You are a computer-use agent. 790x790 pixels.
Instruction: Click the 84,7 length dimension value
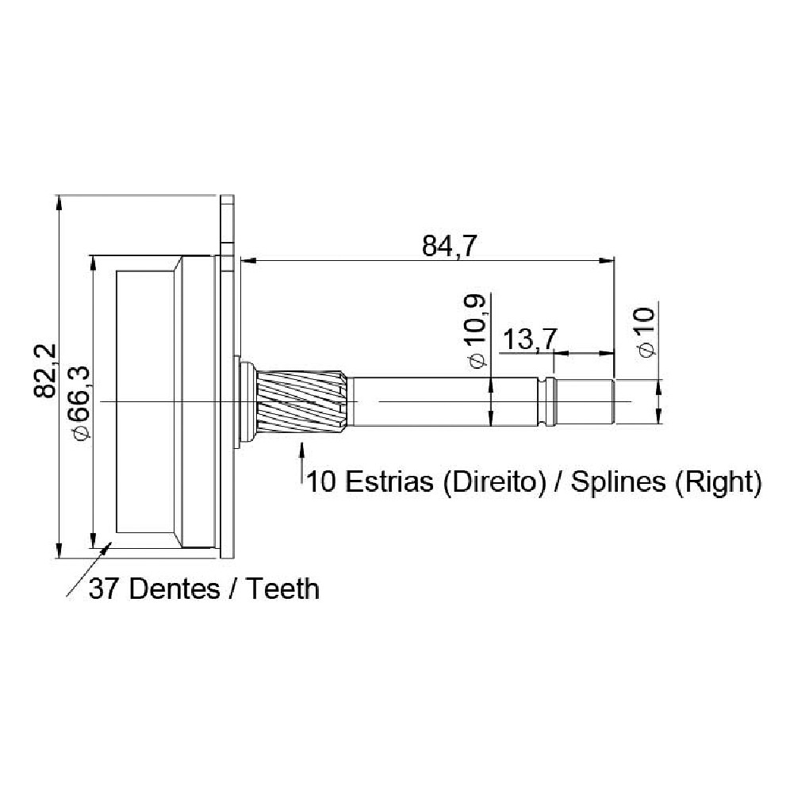pos(449,247)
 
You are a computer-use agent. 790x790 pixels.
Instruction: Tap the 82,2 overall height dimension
pos(45,372)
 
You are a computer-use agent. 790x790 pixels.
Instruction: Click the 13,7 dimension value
pos(530,339)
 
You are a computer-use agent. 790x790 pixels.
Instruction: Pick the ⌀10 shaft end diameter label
pos(646,332)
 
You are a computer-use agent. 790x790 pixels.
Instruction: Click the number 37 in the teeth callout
pos(105,589)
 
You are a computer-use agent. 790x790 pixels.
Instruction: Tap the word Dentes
pos(174,589)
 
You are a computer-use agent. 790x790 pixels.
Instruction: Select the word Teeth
pos(282,589)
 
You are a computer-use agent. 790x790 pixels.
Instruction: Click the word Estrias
pos(389,481)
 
